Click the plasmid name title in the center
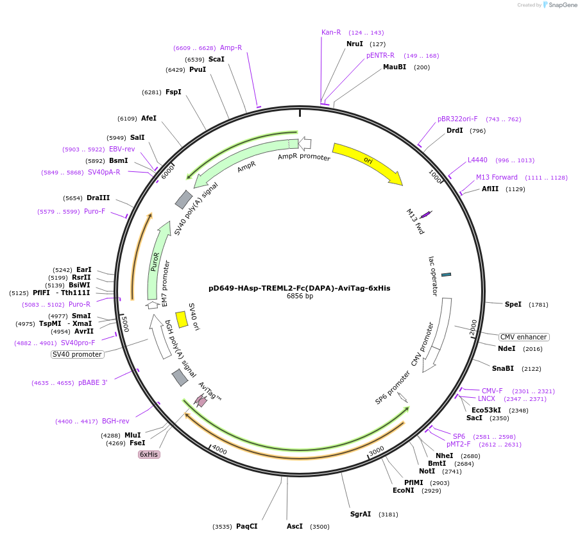[299, 288]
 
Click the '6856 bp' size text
[300, 296]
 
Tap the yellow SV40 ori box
[182, 319]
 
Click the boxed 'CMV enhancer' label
[524, 337]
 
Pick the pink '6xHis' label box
[149, 454]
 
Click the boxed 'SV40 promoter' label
[77, 354]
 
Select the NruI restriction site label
[354, 44]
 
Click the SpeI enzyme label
[513, 304]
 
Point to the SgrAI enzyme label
[361, 514]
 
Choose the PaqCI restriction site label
[246, 526]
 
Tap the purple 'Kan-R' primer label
[331, 32]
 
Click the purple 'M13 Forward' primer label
[497, 177]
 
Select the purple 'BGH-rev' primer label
[115, 421]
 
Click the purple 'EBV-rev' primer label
[122, 149]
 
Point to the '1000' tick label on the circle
[436, 176]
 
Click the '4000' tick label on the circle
[219, 450]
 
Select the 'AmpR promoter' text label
[304, 157]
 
